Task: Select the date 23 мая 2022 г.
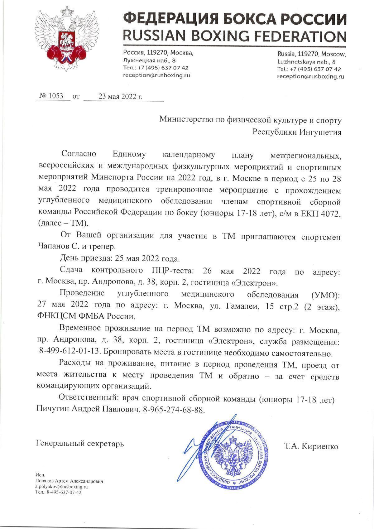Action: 120,96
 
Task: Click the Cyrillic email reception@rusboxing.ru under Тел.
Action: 156,75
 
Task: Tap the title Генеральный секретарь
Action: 80,443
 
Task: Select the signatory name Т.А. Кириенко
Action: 311,446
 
